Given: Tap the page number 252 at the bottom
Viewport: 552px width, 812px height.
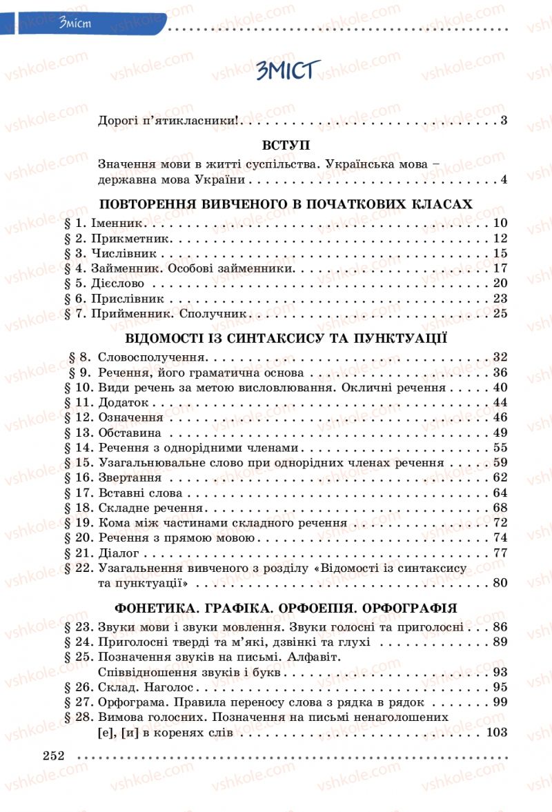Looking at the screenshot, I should (53, 755).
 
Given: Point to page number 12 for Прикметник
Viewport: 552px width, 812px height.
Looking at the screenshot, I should (500, 238).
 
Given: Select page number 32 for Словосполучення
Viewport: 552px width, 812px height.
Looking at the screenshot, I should (500, 357).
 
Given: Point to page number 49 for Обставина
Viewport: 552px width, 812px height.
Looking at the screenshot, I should (500, 433).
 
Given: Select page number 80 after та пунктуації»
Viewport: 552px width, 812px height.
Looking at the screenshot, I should (500, 583).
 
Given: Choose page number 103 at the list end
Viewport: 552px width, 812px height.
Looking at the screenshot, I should (497, 733).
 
